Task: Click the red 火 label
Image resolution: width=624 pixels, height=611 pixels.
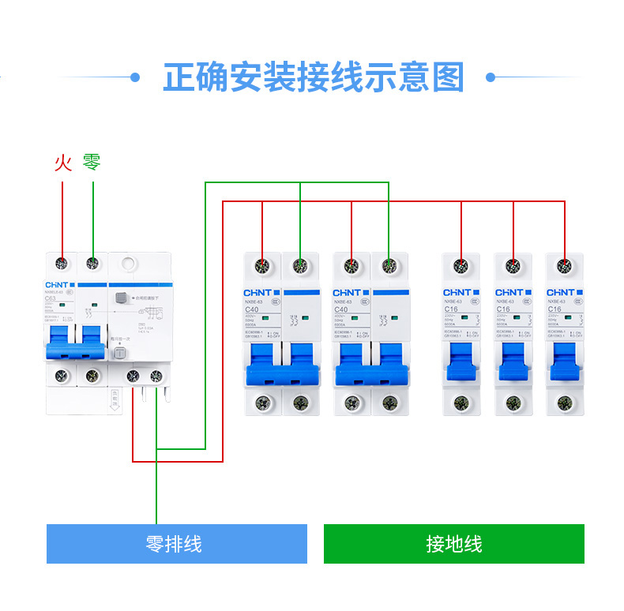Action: tap(63, 163)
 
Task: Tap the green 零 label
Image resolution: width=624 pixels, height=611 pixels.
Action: tap(92, 163)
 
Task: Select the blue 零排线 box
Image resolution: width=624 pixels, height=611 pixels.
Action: tap(176, 544)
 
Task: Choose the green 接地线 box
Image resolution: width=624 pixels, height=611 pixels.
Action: tap(453, 544)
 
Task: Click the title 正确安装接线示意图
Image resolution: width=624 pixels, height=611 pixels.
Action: tap(313, 78)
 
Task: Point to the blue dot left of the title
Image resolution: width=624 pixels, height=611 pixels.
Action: tap(135, 77)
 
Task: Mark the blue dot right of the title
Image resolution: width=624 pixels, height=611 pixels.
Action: tap(491, 77)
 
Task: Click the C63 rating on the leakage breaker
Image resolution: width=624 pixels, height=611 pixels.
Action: tap(51, 299)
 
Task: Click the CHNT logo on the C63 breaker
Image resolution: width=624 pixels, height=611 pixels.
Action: tap(55, 284)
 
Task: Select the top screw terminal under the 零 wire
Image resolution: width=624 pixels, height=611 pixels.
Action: tap(93, 263)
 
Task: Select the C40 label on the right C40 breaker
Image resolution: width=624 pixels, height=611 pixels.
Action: tap(342, 309)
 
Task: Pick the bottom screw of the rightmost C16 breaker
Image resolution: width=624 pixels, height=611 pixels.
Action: tap(564, 403)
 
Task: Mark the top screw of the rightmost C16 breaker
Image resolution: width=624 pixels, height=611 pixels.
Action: tap(564, 265)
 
